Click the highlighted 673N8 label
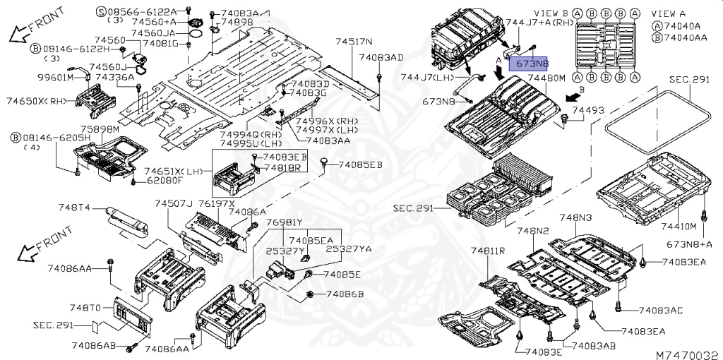pyautogui.click(x=533, y=64)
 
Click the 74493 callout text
pyautogui.click(x=588, y=110)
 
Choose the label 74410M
pyautogui.click(x=677, y=226)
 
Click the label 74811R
pyautogui.click(x=489, y=251)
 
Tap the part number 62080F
pyautogui.click(x=166, y=180)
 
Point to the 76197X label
pyautogui.click(x=218, y=203)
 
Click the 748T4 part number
pyautogui.click(x=74, y=207)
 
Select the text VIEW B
pyautogui.click(x=551, y=13)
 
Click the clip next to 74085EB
pyautogui.click(x=324, y=164)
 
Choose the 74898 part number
pyautogui.click(x=237, y=23)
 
